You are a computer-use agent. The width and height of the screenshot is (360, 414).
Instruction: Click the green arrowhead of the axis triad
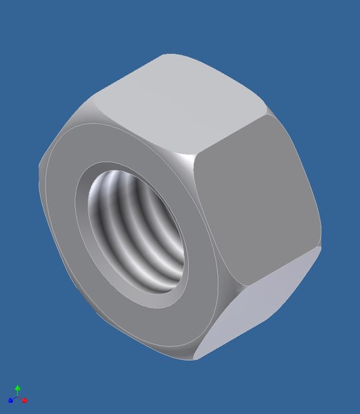click(17, 388)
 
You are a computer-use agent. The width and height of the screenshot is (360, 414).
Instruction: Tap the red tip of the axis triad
click(25, 400)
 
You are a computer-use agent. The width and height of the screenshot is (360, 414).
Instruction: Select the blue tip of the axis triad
click(10, 400)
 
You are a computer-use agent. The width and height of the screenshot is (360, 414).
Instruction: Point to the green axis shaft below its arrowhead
click(17, 394)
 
